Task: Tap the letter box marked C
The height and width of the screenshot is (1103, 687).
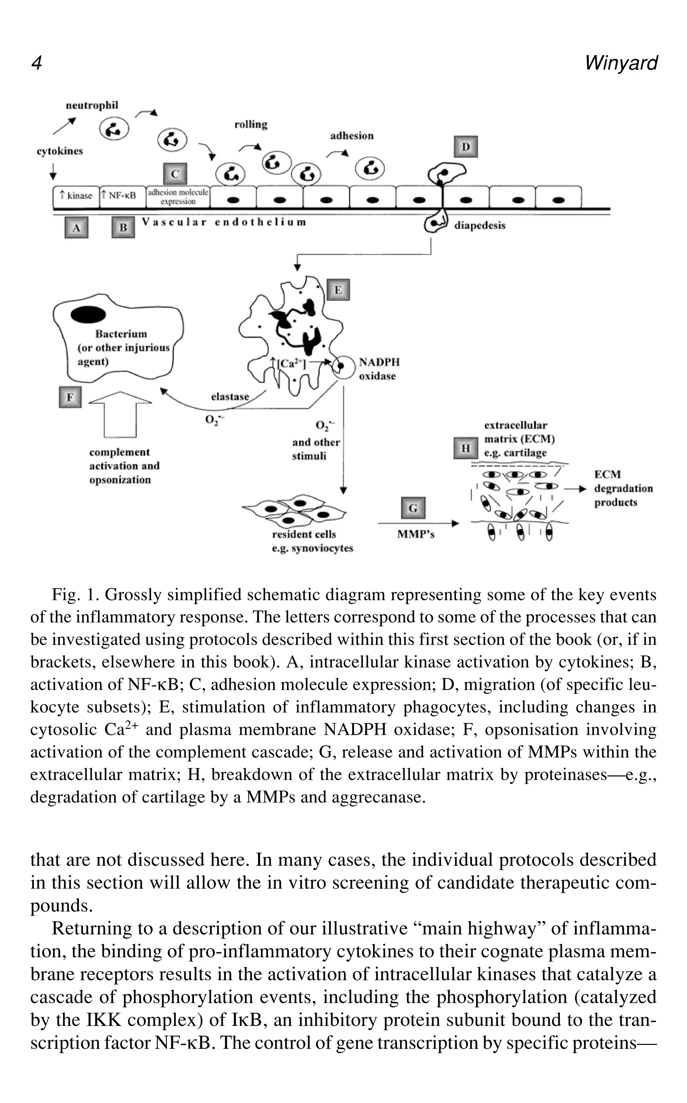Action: pyautogui.click(x=175, y=174)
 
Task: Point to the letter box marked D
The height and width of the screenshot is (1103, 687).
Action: pyautogui.click(x=466, y=147)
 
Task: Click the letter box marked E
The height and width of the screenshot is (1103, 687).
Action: pyautogui.click(x=338, y=290)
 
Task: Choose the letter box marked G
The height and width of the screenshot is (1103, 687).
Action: pyautogui.click(x=413, y=508)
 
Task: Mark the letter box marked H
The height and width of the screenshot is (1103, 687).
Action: pyautogui.click(x=466, y=448)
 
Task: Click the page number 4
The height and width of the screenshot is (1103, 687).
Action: pyautogui.click(x=36, y=63)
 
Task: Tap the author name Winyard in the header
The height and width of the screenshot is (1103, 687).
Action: pyautogui.click(x=621, y=63)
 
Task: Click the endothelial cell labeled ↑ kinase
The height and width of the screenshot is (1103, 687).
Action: pyautogui.click(x=76, y=196)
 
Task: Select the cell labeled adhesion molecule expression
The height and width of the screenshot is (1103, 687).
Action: pyautogui.click(x=178, y=197)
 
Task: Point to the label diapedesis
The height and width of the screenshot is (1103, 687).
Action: pyautogui.click(x=480, y=226)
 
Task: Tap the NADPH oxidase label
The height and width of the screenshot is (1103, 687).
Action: pyautogui.click(x=379, y=369)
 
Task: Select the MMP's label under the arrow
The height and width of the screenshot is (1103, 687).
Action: pyautogui.click(x=416, y=534)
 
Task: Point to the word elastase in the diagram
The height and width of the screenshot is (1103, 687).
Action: pyautogui.click(x=230, y=396)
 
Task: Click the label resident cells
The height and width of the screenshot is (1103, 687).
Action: pyautogui.click(x=304, y=534)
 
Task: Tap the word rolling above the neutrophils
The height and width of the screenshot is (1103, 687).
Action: pyautogui.click(x=251, y=125)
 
